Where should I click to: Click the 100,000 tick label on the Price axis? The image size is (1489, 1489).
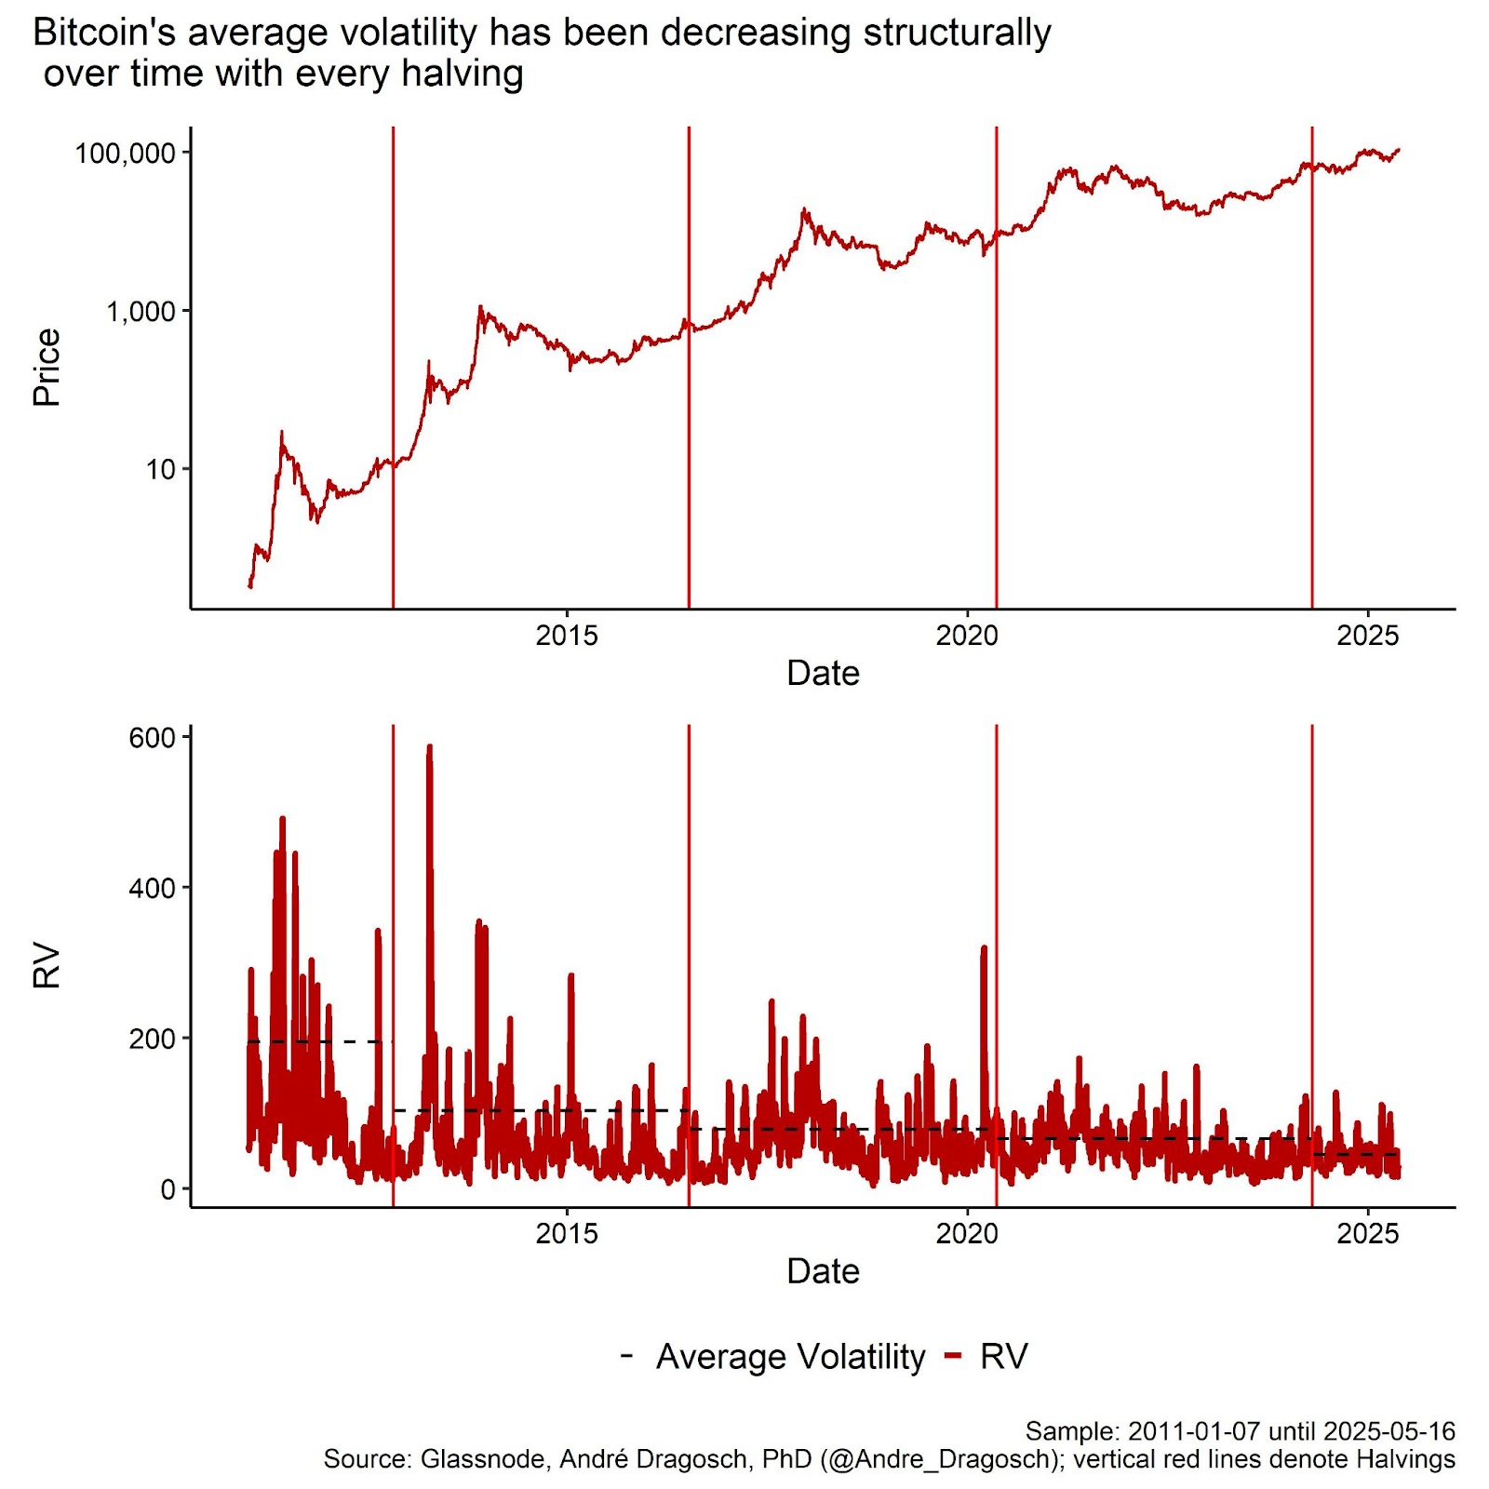click(x=125, y=153)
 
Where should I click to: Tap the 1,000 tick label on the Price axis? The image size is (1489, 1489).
click(x=141, y=311)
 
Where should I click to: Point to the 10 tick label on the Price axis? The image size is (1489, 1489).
click(x=160, y=469)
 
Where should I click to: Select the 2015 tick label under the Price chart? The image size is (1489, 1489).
click(x=566, y=636)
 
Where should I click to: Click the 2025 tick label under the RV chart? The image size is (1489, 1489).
click(x=1367, y=1234)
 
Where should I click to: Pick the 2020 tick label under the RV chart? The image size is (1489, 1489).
click(x=967, y=1234)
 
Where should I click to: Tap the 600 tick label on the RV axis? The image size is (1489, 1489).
click(x=152, y=738)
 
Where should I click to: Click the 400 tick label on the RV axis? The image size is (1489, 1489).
click(x=152, y=889)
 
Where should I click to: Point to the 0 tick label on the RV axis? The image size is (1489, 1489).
click(x=168, y=1189)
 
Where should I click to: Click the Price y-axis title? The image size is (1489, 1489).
click(x=47, y=367)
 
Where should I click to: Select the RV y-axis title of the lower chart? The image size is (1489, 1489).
click(x=47, y=966)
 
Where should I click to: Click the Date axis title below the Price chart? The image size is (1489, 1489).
click(x=823, y=673)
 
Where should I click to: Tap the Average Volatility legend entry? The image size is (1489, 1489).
click(x=790, y=1357)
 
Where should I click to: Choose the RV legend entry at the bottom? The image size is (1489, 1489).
click(x=1003, y=1357)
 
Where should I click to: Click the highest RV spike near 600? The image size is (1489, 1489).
click(x=429, y=747)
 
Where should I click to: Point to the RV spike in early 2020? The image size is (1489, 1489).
click(x=984, y=950)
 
